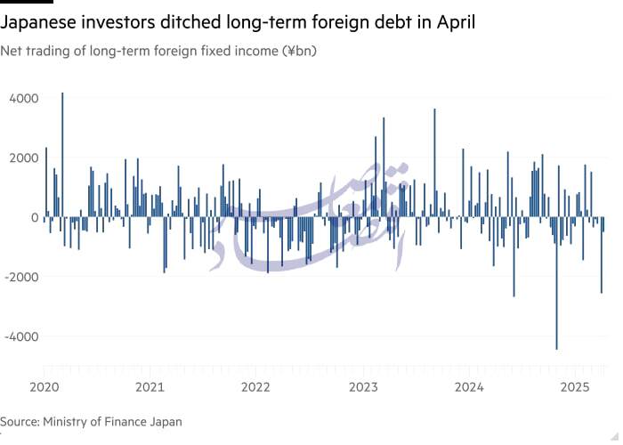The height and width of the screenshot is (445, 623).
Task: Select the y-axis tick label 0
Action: [x=35, y=217]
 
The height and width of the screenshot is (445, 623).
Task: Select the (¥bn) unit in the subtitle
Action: [x=299, y=51]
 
